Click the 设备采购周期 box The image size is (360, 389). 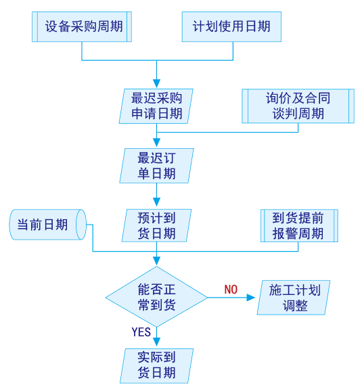(x=81, y=27)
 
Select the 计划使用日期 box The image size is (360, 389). (x=231, y=27)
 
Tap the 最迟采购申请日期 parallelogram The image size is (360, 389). (x=156, y=106)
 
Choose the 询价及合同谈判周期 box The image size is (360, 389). (x=298, y=106)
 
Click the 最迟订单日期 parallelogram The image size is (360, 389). (x=156, y=166)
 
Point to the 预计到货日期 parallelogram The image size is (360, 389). (x=156, y=226)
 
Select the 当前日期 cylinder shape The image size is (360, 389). (x=47, y=225)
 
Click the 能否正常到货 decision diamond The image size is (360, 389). (x=156, y=297)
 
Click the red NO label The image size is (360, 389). (x=231, y=290)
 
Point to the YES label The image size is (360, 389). (x=141, y=332)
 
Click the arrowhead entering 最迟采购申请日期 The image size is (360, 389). (x=156, y=83)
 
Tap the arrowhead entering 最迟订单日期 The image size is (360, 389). (x=156, y=143)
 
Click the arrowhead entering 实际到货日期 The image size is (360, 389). (x=156, y=342)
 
